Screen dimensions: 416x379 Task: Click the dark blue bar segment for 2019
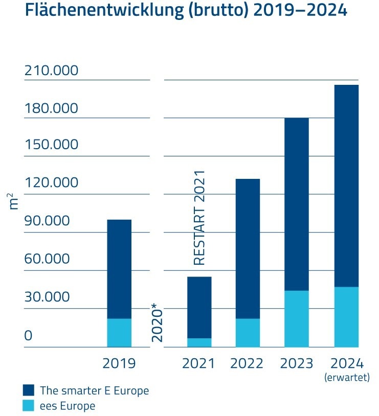click(x=119, y=269)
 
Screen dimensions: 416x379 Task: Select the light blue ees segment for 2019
click(x=119, y=333)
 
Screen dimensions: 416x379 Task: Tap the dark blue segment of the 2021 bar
click(x=199, y=307)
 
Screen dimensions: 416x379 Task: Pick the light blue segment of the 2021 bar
click(x=199, y=342)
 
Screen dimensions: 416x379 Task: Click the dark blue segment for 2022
click(x=248, y=248)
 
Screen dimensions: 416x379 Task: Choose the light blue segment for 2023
click(x=297, y=319)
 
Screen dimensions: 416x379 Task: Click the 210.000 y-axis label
click(x=52, y=71)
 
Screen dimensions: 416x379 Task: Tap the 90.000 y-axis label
click(x=47, y=221)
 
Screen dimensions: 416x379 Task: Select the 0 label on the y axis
click(x=29, y=336)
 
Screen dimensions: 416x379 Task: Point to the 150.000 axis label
click(x=52, y=145)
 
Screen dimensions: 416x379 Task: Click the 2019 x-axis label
click(x=119, y=363)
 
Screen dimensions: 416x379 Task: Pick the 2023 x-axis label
click(x=297, y=363)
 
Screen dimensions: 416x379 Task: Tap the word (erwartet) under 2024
click(x=346, y=378)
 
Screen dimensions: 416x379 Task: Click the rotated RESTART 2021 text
click(x=199, y=217)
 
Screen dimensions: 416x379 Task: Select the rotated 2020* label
click(x=157, y=322)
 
